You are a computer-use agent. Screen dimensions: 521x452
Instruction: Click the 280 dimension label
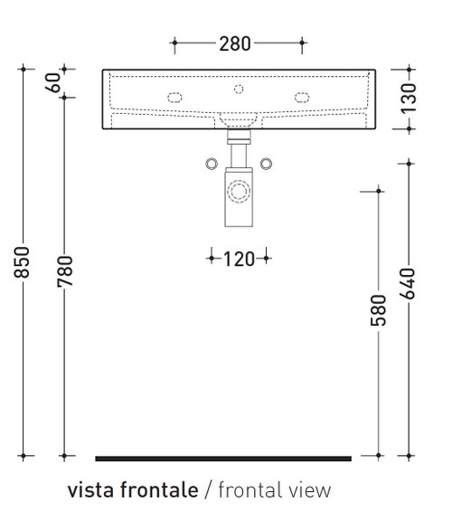[236, 43]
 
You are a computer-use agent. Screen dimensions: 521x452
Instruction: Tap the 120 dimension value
[239, 260]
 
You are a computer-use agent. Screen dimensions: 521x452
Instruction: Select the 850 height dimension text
[26, 263]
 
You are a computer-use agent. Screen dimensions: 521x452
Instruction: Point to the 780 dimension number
[64, 271]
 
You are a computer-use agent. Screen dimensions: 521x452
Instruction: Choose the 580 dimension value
[378, 309]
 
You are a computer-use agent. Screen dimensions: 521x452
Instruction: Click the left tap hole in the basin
[174, 96]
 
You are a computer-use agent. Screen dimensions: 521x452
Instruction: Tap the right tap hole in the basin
[302, 96]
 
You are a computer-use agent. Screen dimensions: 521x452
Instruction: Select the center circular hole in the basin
[239, 89]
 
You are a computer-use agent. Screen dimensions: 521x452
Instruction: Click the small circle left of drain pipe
[211, 163]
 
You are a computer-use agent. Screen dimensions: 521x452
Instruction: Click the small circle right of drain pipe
[266, 163]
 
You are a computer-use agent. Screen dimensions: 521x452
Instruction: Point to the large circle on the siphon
[239, 191]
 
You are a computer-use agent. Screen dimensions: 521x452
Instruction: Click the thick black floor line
[222, 459]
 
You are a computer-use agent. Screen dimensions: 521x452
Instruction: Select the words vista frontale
[132, 491]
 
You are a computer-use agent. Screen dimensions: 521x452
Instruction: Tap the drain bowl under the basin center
[239, 118]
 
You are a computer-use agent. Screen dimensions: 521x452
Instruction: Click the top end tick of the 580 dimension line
[378, 191]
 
